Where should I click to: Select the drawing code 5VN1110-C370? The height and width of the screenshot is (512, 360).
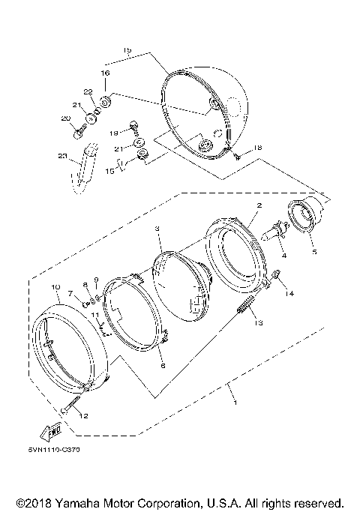click(55, 451)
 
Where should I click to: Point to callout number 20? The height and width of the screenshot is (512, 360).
click(65, 118)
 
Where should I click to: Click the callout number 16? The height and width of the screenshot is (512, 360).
click(105, 73)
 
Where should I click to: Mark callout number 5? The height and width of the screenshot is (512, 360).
click(313, 251)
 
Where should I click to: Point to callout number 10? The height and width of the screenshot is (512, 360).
click(55, 287)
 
